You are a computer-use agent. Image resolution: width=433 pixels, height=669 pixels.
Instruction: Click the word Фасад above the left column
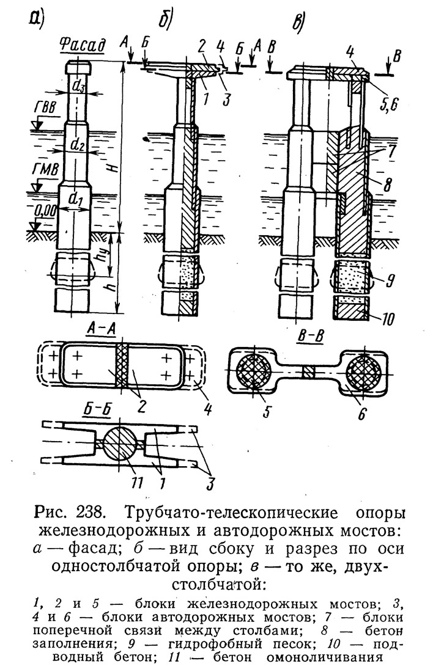pos(82,46)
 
